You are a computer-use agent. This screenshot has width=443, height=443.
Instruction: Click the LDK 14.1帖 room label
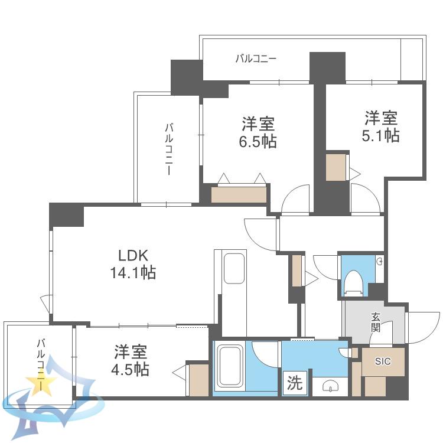(133, 264)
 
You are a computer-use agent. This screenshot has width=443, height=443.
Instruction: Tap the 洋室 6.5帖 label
(258, 132)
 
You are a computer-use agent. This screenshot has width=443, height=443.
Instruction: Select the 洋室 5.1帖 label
(381, 126)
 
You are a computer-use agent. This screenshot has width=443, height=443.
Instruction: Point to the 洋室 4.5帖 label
(131, 360)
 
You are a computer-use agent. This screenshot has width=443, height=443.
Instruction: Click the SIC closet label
(383, 361)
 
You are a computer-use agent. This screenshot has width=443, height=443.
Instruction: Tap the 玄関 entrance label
(376, 323)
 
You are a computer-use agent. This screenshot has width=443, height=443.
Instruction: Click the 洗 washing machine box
(295, 383)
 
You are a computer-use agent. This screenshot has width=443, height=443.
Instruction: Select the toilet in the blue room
(353, 282)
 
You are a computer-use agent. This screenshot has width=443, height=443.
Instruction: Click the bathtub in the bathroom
(230, 366)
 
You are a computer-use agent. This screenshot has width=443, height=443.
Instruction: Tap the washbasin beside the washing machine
(330, 386)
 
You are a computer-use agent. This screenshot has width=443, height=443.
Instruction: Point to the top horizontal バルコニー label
(256, 58)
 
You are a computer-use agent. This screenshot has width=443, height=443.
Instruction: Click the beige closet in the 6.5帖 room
(239, 195)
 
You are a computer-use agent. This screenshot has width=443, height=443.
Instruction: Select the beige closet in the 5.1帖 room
(335, 167)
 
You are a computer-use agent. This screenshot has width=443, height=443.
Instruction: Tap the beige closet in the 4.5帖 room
(198, 380)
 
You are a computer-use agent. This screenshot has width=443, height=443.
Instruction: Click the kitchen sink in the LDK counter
(234, 268)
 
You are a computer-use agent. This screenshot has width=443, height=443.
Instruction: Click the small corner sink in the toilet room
(380, 261)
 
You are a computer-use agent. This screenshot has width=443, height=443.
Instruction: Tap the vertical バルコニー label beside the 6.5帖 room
(169, 149)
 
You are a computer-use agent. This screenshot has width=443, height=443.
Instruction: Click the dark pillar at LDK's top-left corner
(67, 215)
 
